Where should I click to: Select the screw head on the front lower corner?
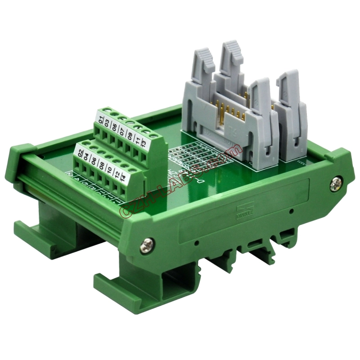tap(147, 243)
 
